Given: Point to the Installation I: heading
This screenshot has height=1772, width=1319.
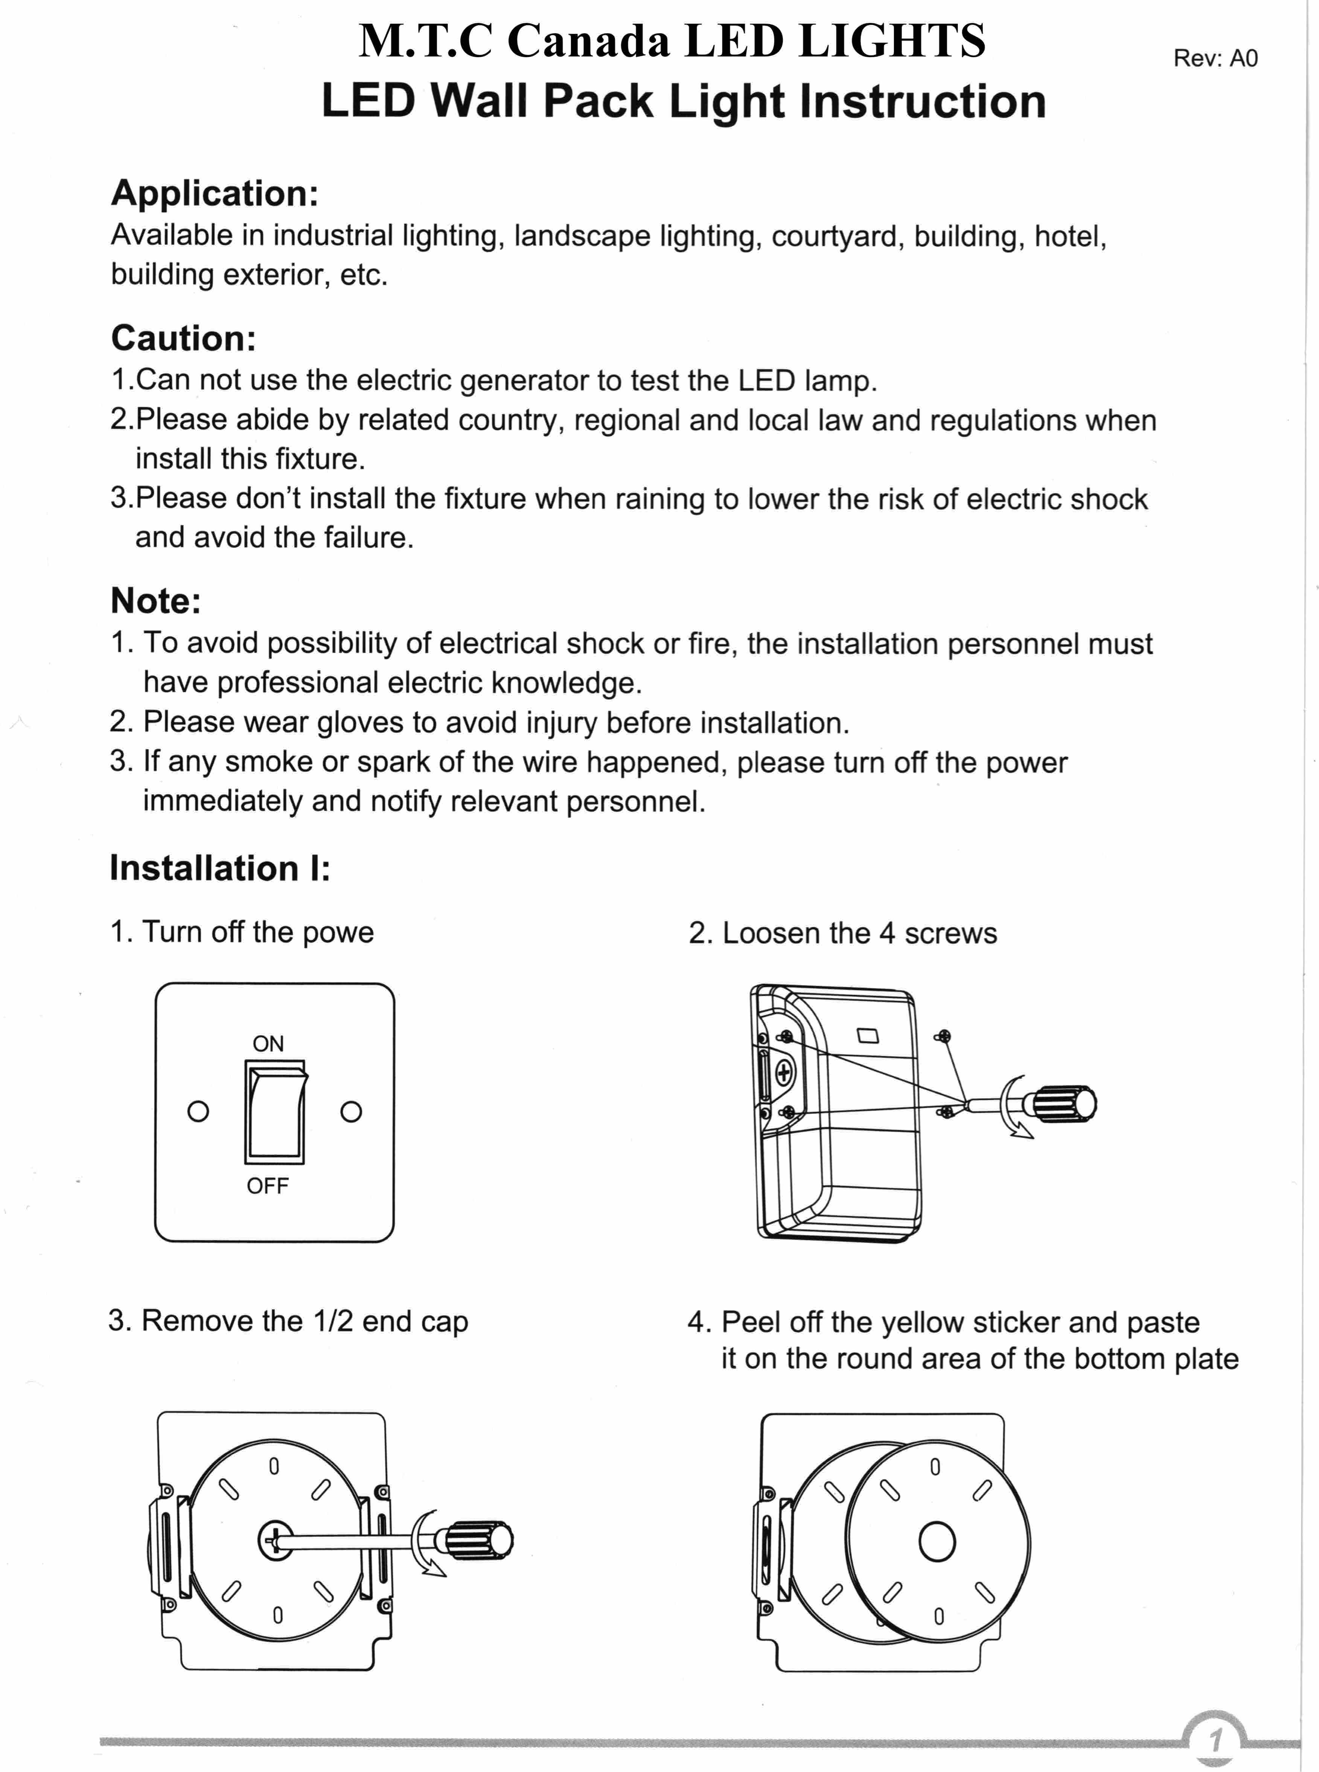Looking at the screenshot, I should [x=219, y=868].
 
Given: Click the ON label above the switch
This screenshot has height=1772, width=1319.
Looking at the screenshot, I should [x=268, y=1044].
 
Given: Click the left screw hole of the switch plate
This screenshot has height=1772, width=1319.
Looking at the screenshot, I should [x=198, y=1112].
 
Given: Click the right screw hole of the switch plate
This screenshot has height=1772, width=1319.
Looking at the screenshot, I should [x=351, y=1112].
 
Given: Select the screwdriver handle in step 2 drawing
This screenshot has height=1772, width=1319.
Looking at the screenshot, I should [x=1064, y=1105].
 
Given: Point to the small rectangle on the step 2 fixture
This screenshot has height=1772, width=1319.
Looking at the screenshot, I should [x=868, y=1036].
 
